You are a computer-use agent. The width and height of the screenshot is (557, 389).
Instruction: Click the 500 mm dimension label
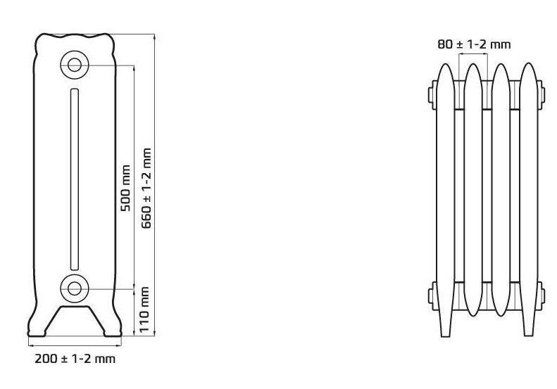[x=125, y=188]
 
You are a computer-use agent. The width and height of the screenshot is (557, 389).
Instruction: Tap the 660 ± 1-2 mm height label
[x=146, y=188]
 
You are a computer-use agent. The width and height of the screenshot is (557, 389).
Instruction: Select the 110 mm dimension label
[x=144, y=310]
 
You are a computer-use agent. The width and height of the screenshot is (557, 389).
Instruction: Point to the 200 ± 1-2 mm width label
[x=75, y=359]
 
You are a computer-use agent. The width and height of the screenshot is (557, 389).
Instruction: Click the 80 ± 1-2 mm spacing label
[x=474, y=44]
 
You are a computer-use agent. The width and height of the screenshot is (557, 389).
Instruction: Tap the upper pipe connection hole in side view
[x=74, y=65]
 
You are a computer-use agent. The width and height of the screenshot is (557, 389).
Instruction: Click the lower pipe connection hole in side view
[x=74, y=288]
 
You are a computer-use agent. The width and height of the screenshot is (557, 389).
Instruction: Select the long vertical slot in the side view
[x=75, y=179]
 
